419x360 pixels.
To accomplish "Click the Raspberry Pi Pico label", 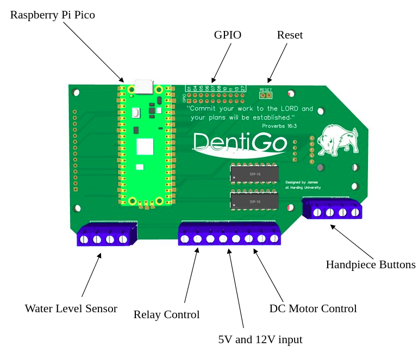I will [x=52, y=15].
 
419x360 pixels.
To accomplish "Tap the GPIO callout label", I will [x=227, y=35].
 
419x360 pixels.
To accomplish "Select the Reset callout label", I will [x=290, y=35].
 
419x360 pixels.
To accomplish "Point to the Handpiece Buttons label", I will [x=370, y=265].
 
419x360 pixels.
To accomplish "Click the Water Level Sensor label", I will [x=71, y=309].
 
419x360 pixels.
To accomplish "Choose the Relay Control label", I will [x=166, y=315].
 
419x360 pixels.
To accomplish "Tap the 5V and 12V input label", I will [x=260, y=340].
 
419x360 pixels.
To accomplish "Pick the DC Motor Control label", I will [x=313, y=309].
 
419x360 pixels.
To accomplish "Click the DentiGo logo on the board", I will [x=240, y=142].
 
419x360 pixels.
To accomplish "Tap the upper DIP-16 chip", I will [x=254, y=174].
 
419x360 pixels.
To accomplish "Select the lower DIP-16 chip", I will [x=254, y=201].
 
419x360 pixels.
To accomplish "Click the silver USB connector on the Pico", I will [x=143, y=87].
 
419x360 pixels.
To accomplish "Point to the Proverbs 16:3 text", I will [x=279, y=125].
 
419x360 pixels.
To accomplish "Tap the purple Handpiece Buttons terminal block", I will [x=332, y=210].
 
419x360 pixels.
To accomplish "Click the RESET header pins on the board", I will [x=266, y=96].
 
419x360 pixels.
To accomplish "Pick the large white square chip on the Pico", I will [x=145, y=147].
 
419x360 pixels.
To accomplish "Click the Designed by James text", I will [x=301, y=182].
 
